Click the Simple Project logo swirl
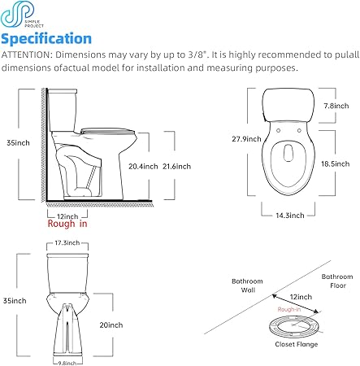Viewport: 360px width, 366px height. click(18, 14)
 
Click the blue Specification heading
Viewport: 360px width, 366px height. click(46, 39)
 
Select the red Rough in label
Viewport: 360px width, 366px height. click(67, 224)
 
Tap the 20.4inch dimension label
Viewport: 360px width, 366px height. click(143, 166)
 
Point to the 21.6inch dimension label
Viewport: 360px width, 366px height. click(176, 166)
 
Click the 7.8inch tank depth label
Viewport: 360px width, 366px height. click(336, 106)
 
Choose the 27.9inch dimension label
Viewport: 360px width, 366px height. click(246, 139)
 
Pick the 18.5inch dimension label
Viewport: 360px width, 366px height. click(335, 163)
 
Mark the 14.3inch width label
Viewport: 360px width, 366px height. click(290, 216)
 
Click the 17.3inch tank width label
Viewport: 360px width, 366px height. click(67, 242)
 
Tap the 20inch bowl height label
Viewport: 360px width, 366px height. click(111, 325)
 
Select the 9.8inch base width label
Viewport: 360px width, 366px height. click(67, 363)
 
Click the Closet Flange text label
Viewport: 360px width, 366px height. click(297, 344)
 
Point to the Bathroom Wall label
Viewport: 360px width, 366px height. click(247, 285)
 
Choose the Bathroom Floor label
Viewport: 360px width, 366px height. click(337, 281)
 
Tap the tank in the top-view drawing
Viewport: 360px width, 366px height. click(288, 105)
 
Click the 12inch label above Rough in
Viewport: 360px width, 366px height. click(67, 216)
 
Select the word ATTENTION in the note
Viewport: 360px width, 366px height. click(26, 54)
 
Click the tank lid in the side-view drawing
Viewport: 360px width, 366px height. click(62, 91)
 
